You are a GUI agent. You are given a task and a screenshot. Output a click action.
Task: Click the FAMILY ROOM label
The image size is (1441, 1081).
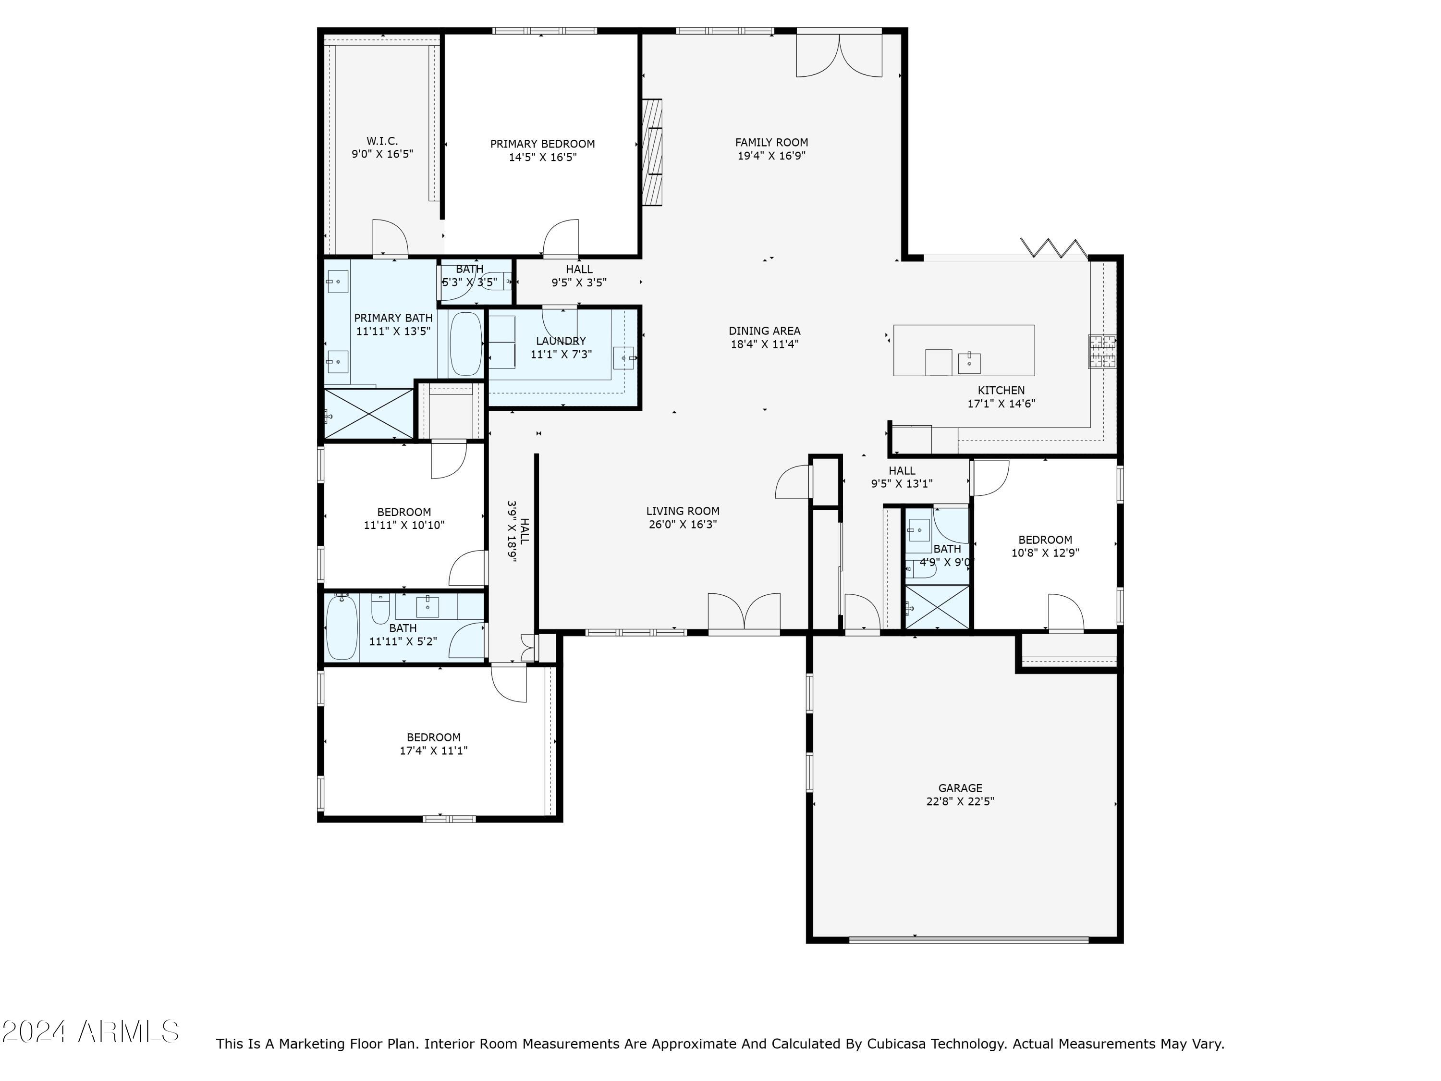(771, 142)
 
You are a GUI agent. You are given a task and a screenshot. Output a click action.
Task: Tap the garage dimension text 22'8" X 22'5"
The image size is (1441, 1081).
(960, 801)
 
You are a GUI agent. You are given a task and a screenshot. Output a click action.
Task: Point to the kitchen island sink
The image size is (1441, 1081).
(969, 363)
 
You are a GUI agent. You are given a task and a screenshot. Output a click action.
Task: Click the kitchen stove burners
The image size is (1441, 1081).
(1101, 351)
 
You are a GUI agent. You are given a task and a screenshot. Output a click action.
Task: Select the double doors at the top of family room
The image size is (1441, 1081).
(839, 53)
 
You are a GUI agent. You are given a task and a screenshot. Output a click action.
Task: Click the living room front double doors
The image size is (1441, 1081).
(744, 612)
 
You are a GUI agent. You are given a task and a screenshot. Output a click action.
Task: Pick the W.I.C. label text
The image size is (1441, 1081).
(382, 141)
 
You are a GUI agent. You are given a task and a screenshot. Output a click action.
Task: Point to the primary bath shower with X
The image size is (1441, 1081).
(369, 413)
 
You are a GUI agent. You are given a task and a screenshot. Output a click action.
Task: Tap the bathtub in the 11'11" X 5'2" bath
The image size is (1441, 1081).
(342, 628)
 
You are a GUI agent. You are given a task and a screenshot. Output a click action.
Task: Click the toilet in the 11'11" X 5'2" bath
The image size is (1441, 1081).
(380, 609)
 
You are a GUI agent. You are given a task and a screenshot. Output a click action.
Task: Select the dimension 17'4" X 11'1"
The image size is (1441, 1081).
(433, 750)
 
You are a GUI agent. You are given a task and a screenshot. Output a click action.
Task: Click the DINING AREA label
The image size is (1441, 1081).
(764, 331)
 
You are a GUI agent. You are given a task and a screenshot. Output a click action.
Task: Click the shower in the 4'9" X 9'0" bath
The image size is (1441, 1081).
(937, 607)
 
